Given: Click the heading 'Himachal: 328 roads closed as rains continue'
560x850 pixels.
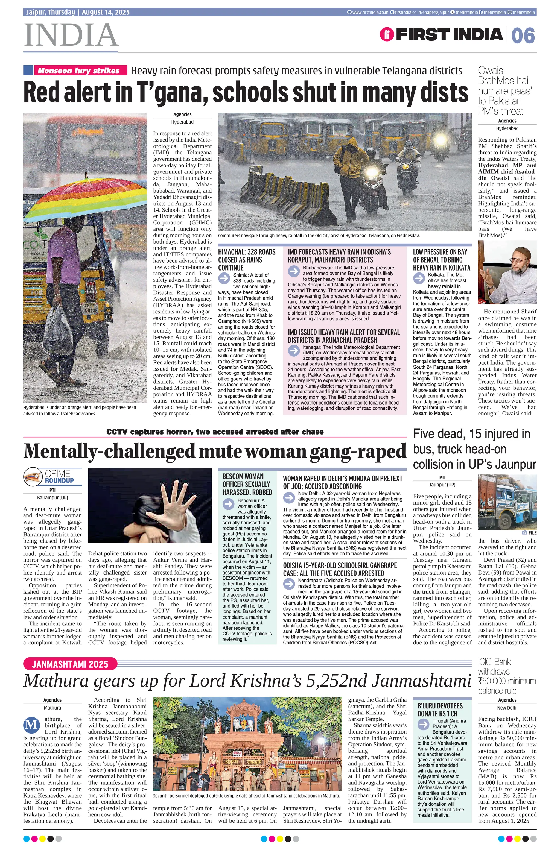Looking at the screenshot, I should tap(247, 260).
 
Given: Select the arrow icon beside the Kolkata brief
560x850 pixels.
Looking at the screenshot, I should tap(419, 278).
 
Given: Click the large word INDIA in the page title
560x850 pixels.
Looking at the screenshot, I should tap(71, 35).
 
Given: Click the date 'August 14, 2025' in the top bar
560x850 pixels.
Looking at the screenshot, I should tap(106, 12).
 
